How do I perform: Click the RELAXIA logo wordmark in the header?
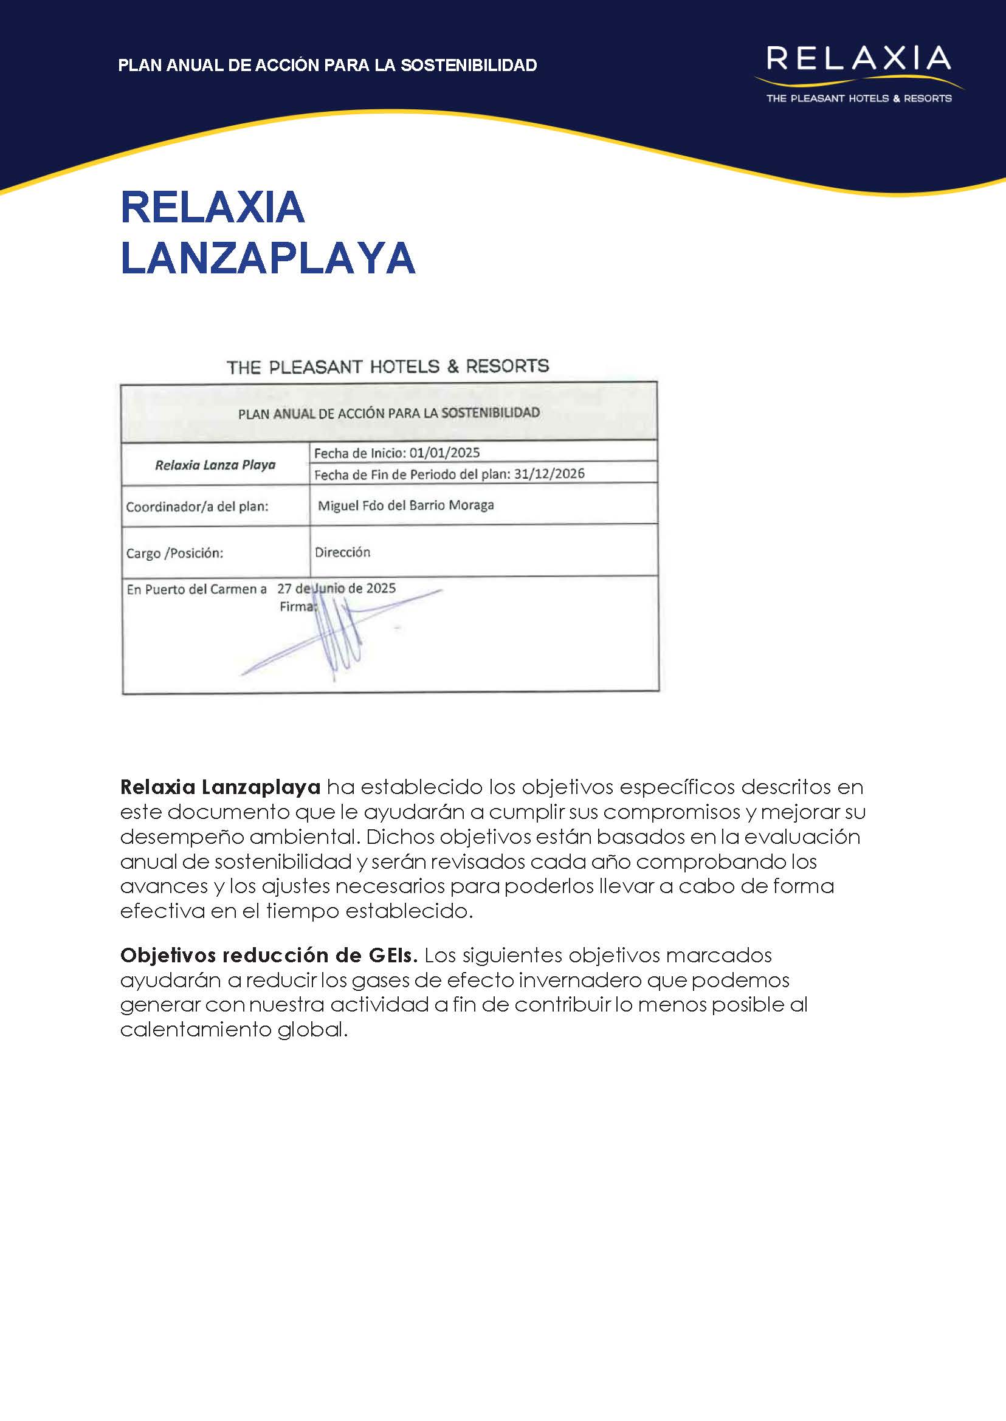[858, 59]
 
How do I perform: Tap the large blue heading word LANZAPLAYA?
[267, 258]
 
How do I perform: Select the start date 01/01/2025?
[444, 453]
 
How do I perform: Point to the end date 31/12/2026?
[549, 474]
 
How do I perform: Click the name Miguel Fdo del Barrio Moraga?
[406, 505]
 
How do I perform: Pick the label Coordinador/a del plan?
[197, 507]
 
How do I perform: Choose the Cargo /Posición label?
[174, 553]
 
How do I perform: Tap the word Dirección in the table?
[342, 552]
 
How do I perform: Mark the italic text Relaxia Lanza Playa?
[215, 465]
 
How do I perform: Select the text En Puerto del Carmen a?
[196, 589]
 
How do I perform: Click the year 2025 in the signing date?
[381, 587]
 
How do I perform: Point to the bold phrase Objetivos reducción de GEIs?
[269, 955]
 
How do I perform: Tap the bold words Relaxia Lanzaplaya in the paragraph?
[220, 786]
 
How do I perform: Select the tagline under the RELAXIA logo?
[858, 98]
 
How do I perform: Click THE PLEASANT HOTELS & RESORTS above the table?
[388, 366]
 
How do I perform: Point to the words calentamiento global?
[233, 1029]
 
